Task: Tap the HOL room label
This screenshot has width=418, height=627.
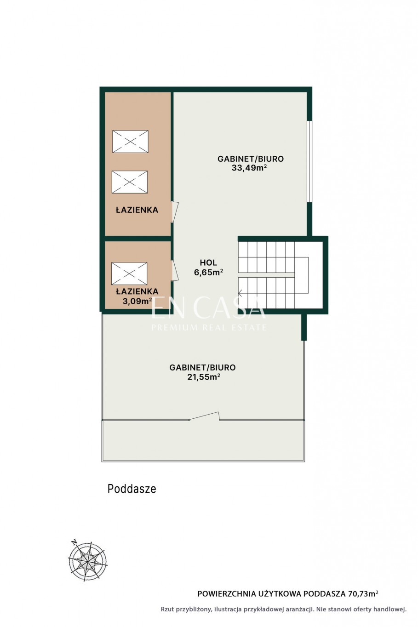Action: coord(208,262)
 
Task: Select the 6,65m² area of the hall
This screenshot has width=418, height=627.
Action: coord(209,272)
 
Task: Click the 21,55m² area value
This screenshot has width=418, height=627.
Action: coord(204,377)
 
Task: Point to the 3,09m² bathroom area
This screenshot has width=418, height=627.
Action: coord(137,301)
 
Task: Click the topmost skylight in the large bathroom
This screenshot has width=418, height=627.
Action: coord(130,142)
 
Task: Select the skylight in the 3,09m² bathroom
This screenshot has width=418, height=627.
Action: coord(129,274)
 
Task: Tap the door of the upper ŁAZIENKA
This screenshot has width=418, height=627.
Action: coord(175,212)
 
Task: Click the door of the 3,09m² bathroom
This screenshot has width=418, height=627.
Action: coord(175,270)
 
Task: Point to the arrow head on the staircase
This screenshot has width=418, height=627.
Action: coord(240,293)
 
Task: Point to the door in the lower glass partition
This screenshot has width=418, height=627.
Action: coord(204,416)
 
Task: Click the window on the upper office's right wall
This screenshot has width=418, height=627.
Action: coord(309,161)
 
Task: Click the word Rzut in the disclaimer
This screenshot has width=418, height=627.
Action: coord(166,609)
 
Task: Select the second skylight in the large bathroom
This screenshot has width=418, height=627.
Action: coord(130,182)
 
